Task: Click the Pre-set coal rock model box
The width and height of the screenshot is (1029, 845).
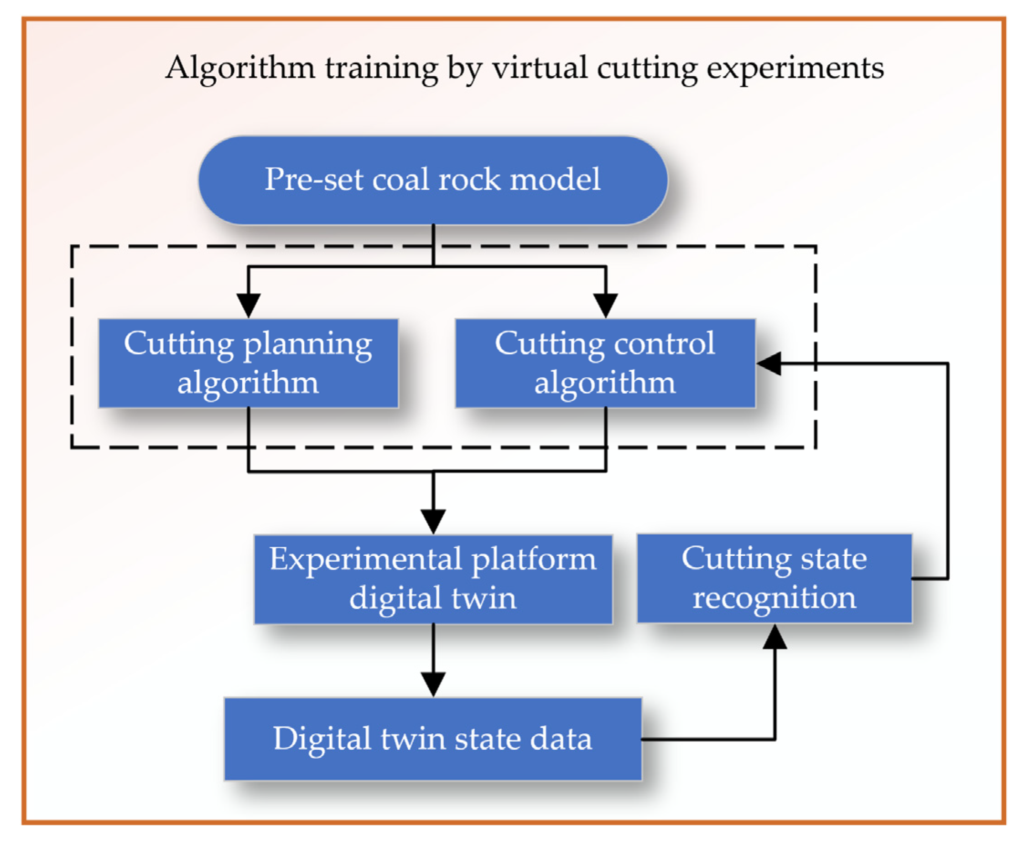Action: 433,180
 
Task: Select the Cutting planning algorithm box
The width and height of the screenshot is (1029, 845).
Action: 248,363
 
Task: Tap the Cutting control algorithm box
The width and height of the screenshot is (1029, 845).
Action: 605,363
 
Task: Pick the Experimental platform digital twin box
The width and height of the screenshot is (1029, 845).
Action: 433,579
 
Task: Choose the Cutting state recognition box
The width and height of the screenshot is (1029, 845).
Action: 774,578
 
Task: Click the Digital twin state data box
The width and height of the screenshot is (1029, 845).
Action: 433,739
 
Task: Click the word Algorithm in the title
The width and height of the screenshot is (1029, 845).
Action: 240,68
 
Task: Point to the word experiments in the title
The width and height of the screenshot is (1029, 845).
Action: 795,68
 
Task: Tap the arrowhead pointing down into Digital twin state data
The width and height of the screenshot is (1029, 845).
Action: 433,684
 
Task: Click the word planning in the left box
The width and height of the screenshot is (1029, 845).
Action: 307,345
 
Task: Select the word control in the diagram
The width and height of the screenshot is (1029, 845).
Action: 665,344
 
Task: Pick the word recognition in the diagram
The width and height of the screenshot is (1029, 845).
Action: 774,598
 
